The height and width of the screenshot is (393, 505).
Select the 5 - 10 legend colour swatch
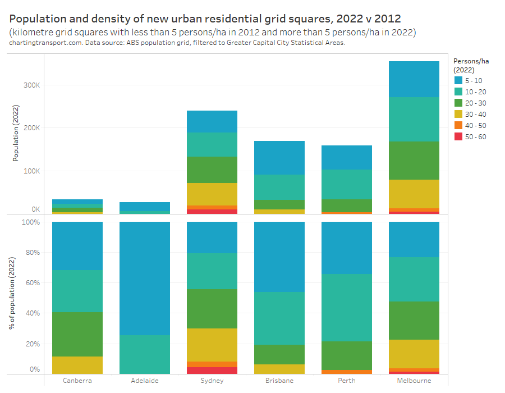[458, 80]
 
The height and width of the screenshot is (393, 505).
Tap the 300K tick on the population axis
[31, 85]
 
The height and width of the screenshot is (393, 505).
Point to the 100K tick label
[31, 171]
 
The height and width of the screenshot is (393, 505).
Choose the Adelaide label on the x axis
[145, 381]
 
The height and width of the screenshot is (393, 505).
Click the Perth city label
[347, 381]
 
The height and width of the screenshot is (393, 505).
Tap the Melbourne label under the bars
[414, 381]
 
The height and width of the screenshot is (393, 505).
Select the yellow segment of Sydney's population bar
[212, 194]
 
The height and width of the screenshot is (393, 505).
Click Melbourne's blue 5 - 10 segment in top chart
[414, 79]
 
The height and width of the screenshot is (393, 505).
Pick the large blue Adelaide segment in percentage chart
[145, 278]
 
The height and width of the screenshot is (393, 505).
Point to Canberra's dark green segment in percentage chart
[77, 334]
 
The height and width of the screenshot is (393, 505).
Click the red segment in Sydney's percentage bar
[212, 371]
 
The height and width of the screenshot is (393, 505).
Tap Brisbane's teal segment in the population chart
[279, 187]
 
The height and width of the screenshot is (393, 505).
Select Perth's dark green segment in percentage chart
[347, 355]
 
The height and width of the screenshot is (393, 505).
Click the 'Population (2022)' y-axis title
[16, 134]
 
